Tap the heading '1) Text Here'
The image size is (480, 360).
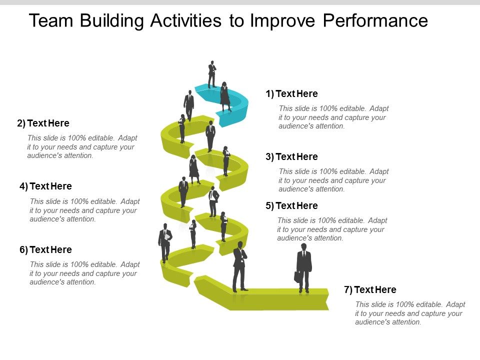[x=291, y=93]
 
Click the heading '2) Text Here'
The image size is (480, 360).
[x=43, y=123]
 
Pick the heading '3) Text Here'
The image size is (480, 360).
[x=291, y=156]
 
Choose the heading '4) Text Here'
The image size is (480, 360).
[x=45, y=186]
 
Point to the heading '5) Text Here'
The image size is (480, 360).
[x=291, y=205]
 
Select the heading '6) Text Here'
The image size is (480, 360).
[x=45, y=249]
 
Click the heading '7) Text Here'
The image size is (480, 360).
[x=370, y=289]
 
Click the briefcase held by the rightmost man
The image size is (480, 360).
[x=297, y=276]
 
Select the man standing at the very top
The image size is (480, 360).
[x=212, y=74]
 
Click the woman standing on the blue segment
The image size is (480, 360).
[x=225, y=96]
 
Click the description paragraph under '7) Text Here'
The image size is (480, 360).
[x=410, y=313]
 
